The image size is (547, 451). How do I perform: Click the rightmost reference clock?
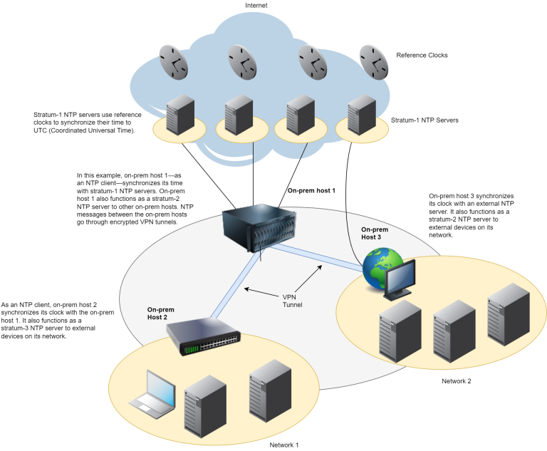pos(375,63)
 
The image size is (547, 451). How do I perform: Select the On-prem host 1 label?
pos(311,191)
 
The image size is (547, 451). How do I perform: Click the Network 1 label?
pos(283,445)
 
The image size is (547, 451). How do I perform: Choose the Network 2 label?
pos(457,381)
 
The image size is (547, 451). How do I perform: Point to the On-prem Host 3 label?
pos(375,233)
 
